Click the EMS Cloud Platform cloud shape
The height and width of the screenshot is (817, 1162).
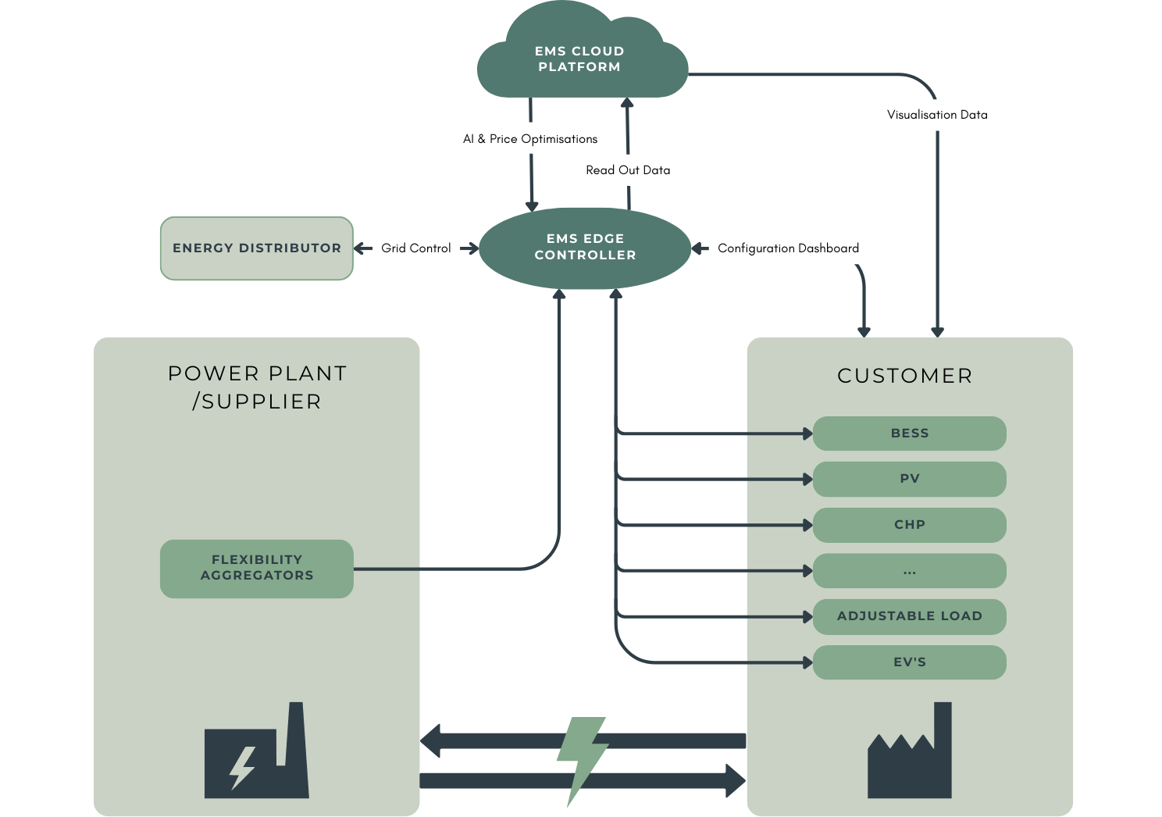click(579, 59)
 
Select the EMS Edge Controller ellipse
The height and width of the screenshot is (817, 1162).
click(585, 248)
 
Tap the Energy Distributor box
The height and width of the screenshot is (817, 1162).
click(257, 248)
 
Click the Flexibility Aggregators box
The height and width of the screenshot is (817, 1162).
click(257, 569)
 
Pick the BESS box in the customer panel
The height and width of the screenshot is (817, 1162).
click(910, 433)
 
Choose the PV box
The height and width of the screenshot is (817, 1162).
click(910, 479)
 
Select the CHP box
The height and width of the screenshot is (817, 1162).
click(910, 525)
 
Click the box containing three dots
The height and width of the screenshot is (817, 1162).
click(910, 571)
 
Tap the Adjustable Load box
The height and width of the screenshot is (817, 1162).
click(910, 616)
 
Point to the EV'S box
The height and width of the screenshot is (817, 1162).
click(910, 662)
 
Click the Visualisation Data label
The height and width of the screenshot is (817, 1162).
click(937, 115)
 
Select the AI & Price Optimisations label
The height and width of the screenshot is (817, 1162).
click(530, 139)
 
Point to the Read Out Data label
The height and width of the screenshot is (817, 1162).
click(628, 170)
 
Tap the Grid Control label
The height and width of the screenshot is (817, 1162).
click(415, 248)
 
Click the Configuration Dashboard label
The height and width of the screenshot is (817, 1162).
click(788, 248)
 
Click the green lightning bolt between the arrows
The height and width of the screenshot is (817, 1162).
click(583, 758)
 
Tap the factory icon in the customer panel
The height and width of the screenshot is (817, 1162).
click(910, 754)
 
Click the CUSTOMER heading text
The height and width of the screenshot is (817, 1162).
click(905, 376)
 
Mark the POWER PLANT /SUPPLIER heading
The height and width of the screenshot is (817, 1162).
click(257, 387)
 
